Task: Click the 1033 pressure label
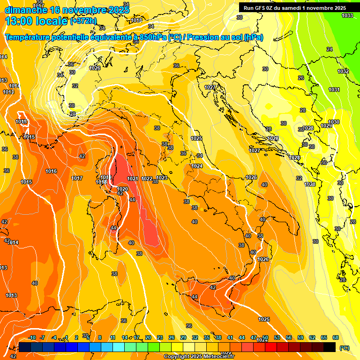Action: [347, 15]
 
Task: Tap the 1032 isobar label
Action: [343, 71]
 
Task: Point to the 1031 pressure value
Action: [334, 90]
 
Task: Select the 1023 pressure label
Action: [162, 178]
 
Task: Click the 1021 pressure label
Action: [133, 179]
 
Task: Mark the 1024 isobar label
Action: [197, 166]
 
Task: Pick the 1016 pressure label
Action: [51, 171]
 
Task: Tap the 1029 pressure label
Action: [326, 126]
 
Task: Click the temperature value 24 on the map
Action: [329, 49]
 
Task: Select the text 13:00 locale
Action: [36, 21]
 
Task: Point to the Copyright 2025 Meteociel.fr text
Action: [199, 357]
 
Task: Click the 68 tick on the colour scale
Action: [336, 337]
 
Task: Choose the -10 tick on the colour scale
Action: [32, 337]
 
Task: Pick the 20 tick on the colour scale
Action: [148, 337]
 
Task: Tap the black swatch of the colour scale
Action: [330, 347]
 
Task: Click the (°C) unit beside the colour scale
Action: [344, 347]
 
